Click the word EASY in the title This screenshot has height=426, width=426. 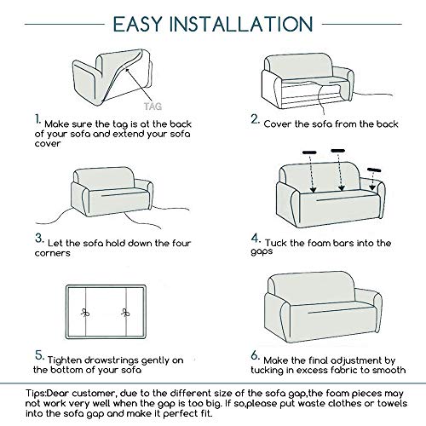[137, 24]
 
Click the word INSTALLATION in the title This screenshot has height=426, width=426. [241, 24]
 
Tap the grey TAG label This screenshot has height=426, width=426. [153, 106]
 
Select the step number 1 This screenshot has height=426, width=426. [38, 119]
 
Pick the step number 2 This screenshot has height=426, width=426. [255, 119]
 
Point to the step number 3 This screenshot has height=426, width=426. [39, 238]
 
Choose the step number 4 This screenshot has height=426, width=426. [256, 238]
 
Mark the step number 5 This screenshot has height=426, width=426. [39, 355]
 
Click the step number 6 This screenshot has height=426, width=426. [256, 355]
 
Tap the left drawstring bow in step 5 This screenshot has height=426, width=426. [85, 313]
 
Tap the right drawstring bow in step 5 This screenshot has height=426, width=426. [125, 313]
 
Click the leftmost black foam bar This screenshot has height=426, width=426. [309, 153]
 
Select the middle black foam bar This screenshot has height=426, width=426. [338, 151]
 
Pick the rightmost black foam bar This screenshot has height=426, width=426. [374, 170]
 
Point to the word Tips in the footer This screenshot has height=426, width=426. [36, 394]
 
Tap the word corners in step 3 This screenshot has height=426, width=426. [52, 253]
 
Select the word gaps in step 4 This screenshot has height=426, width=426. [262, 252]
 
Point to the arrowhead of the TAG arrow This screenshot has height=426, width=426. [127, 69]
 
